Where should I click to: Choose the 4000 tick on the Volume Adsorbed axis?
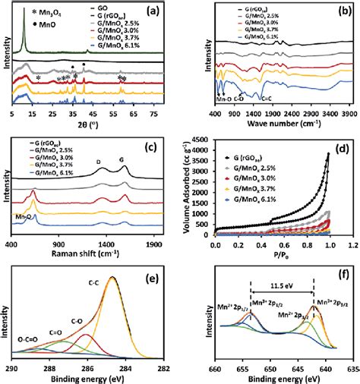[206, 140]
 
